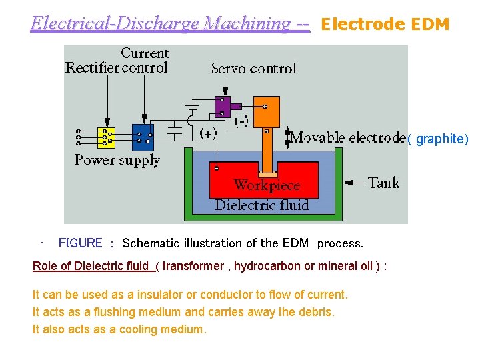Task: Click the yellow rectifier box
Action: pos(106,137)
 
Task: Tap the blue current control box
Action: pos(143,137)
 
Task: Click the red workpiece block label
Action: pos(267,185)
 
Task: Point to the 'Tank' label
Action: pos(383,183)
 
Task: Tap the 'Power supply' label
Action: pos(117,160)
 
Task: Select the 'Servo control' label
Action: pos(253,68)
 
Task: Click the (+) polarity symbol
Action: pos(208,133)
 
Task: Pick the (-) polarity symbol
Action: pos(242,120)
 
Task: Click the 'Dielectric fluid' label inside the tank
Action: pos(261,205)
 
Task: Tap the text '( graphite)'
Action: pos(438,139)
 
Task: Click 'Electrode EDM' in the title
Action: pos(385,25)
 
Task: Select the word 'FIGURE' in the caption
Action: pos(81,243)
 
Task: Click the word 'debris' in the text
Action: pos(317,312)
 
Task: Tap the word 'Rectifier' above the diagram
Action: pos(92,67)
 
